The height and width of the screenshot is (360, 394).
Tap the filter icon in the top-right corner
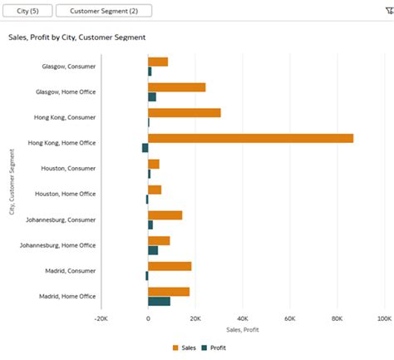click(x=387, y=11)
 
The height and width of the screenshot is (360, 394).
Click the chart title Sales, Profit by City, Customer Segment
click(x=76, y=37)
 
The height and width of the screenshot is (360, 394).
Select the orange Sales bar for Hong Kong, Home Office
click(x=250, y=138)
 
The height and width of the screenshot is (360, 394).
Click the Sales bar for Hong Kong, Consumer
click(x=184, y=112)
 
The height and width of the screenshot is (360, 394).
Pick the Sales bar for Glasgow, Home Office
click(x=176, y=87)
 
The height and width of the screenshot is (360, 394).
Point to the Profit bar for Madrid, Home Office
click(x=159, y=301)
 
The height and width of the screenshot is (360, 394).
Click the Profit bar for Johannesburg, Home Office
click(x=153, y=250)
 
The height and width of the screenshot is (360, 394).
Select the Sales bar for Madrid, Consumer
click(x=170, y=266)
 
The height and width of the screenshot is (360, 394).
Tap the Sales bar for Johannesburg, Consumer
click(x=165, y=215)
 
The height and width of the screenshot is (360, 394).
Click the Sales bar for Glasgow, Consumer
click(x=158, y=62)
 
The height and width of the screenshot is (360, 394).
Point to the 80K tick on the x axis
click(x=337, y=318)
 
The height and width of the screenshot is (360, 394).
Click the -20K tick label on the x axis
click(x=101, y=318)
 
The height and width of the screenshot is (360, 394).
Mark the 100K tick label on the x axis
click(x=383, y=318)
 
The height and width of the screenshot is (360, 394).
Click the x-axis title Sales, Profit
click(x=242, y=330)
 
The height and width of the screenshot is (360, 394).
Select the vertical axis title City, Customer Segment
click(x=12, y=181)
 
